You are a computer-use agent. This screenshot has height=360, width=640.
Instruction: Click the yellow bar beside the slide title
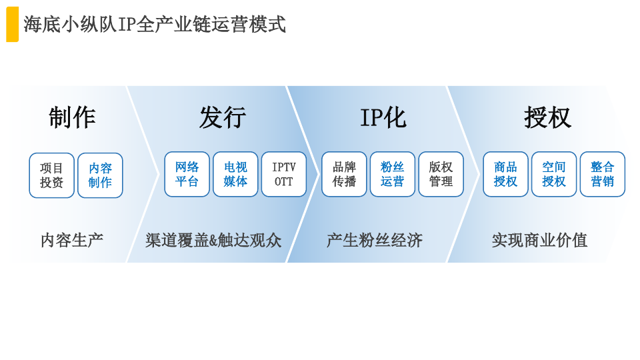click(x=12, y=24)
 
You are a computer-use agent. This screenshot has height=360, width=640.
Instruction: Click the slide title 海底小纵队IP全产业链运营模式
click(x=154, y=25)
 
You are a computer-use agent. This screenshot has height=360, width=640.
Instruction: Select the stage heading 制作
click(x=72, y=117)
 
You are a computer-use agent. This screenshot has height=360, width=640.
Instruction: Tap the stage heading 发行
click(x=223, y=117)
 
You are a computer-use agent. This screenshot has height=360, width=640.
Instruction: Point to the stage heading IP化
click(x=383, y=117)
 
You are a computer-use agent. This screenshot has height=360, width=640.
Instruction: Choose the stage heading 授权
click(x=548, y=117)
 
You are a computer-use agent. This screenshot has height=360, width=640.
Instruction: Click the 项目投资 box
click(x=52, y=175)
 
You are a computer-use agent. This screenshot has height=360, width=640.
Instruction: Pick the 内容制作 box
click(x=101, y=175)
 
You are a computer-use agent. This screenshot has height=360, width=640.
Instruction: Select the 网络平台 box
click(x=187, y=174)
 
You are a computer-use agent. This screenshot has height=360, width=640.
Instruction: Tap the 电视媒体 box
click(x=235, y=174)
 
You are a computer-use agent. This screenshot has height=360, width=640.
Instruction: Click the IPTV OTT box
click(x=284, y=174)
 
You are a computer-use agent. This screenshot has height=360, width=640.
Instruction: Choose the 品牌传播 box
click(x=344, y=174)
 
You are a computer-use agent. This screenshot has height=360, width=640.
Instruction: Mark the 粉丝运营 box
click(x=393, y=174)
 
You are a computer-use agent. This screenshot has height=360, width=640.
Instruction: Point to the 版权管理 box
click(x=441, y=174)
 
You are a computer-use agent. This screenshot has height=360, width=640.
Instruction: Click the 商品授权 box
click(x=506, y=174)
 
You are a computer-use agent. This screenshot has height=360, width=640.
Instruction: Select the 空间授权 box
click(x=554, y=174)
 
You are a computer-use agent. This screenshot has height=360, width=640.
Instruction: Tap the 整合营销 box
click(x=603, y=174)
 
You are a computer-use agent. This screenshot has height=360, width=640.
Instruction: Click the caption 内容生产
click(x=72, y=241)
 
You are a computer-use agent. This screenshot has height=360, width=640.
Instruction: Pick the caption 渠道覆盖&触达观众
click(x=213, y=241)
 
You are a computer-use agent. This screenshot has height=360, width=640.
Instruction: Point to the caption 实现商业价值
click(x=539, y=241)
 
